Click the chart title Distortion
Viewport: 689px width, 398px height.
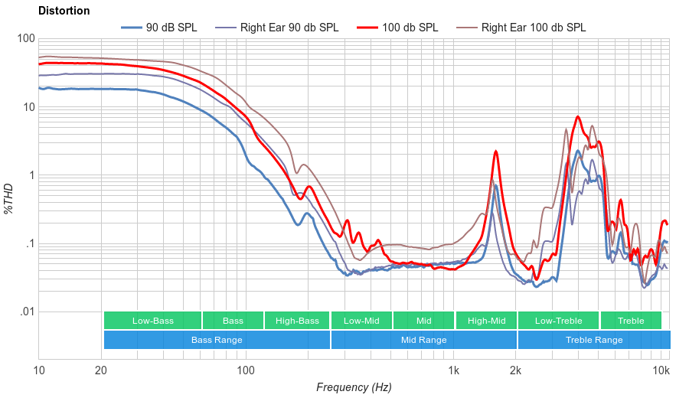pyautogui.click(x=64, y=11)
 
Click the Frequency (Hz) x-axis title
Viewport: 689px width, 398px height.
pyautogui.click(x=353, y=387)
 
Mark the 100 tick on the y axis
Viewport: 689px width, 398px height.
pyautogui.click(x=26, y=39)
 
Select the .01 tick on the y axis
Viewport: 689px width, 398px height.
pyautogui.click(x=26, y=312)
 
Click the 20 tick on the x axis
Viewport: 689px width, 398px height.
pyautogui.click(x=101, y=371)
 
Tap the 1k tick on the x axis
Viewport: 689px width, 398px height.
pyautogui.click(x=453, y=371)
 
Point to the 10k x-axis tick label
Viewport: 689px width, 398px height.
pyautogui.click(x=661, y=371)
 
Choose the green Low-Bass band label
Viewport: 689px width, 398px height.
pyautogui.click(x=152, y=321)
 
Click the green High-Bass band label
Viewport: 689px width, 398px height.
pyautogui.click(x=297, y=321)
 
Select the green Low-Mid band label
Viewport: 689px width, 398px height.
pyautogui.click(x=361, y=321)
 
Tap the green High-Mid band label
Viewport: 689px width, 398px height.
pyautogui.click(x=486, y=321)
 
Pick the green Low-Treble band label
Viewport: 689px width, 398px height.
pyautogui.click(x=559, y=321)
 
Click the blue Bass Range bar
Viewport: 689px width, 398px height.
pyautogui.click(x=217, y=340)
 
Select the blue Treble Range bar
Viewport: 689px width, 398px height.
pyautogui.click(x=593, y=340)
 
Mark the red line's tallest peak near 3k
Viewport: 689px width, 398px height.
pyautogui.click(x=578, y=117)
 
